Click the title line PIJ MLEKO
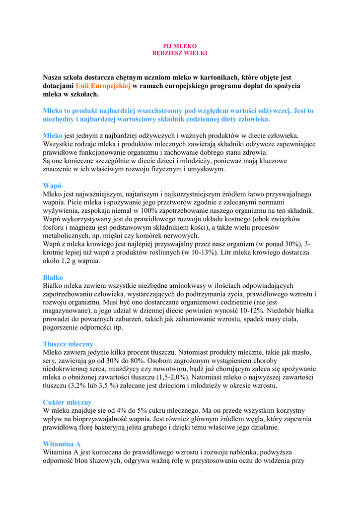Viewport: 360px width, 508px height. pos(180,46)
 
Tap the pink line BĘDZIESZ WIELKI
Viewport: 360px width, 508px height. pos(180,53)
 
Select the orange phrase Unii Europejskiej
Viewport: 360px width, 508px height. pos(103,86)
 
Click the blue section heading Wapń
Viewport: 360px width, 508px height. pos(52,186)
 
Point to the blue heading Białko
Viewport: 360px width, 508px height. pos(53,277)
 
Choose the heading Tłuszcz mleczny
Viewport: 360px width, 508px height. pos(68,344)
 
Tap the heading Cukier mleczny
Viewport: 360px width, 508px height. pos(67,402)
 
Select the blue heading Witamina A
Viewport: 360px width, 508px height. pos(62,444)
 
